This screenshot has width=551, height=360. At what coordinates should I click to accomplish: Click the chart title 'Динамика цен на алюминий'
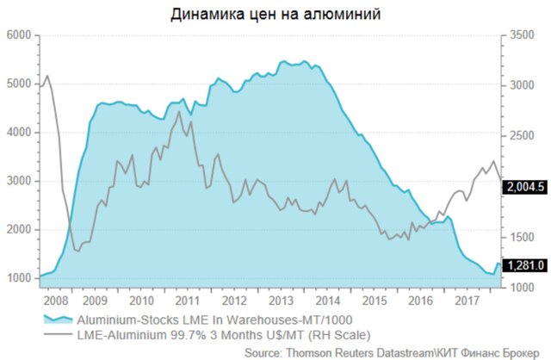[275, 14]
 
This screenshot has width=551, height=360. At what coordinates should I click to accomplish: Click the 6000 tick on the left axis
[18, 35]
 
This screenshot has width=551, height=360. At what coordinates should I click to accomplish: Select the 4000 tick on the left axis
[18, 133]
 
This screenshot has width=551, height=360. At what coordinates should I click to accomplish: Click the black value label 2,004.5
[528, 185]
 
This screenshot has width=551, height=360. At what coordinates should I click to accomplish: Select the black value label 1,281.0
[528, 265]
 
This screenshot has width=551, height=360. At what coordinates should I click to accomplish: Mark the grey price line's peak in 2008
[46, 76]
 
